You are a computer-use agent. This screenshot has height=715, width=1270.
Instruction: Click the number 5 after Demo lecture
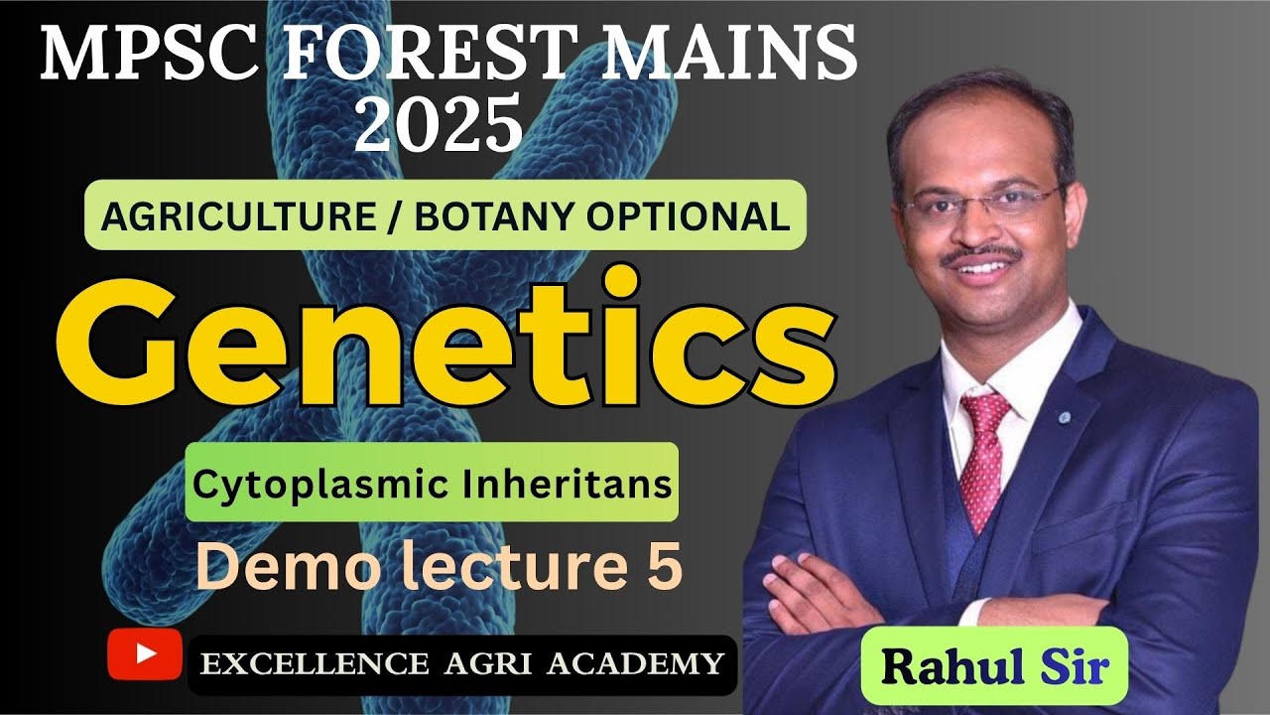point(663,567)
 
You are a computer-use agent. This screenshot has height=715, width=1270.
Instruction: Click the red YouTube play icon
point(145,653)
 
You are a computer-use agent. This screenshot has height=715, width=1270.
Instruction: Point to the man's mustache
point(981,255)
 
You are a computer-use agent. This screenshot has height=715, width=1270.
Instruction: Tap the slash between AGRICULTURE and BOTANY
point(398,214)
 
